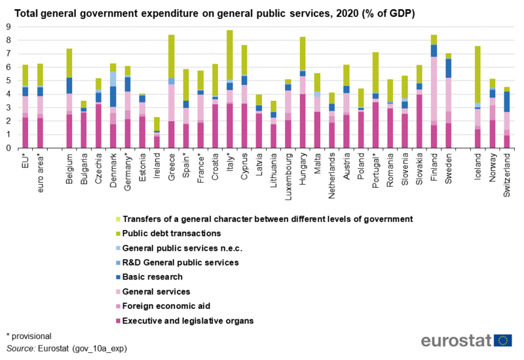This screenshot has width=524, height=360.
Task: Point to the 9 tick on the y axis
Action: click(9, 27)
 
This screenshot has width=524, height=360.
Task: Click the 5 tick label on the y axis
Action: click(9, 81)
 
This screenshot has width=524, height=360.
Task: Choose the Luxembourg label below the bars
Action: click(288, 172)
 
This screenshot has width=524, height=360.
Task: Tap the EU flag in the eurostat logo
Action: click(504, 340)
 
